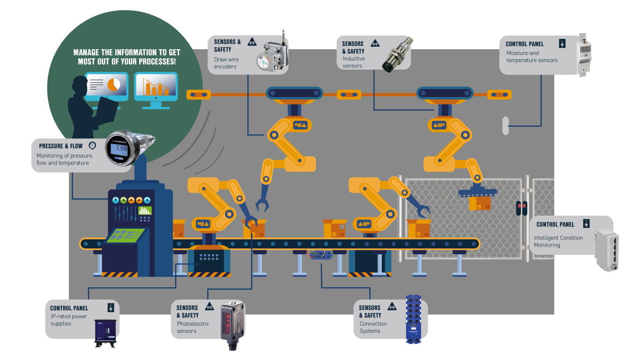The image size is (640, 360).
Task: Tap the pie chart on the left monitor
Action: [x=113, y=85]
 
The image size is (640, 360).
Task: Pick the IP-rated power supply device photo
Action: [x=105, y=332]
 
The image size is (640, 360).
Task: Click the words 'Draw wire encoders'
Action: [x=226, y=63]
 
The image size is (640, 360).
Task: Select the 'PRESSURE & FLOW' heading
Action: [x=61, y=146]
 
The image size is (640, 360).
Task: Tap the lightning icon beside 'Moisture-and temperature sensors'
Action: [x=562, y=44]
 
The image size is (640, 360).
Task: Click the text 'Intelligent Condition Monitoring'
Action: [x=558, y=241]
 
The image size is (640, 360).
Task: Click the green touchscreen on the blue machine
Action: [x=126, y=236]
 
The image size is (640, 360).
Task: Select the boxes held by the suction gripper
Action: [x=479, y=202]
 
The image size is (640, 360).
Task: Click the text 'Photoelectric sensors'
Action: [x=193, y=327]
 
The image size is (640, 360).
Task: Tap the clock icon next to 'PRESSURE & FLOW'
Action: [x=92, y=145]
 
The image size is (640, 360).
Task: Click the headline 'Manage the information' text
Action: [x=127, y=57]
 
